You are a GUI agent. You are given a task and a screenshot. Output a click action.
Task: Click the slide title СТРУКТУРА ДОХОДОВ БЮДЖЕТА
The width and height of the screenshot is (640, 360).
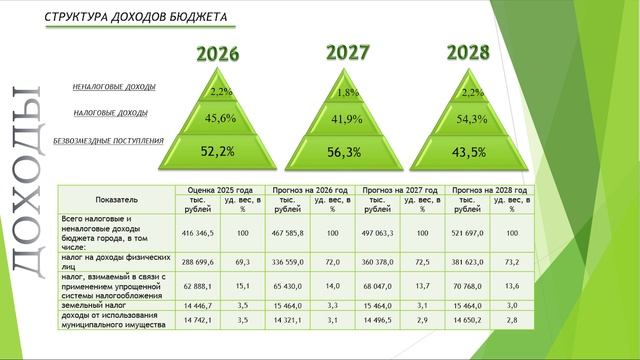click(x=136, y=18)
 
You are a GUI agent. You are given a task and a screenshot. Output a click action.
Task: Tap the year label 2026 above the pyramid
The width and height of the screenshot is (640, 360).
click(x=217, y=54)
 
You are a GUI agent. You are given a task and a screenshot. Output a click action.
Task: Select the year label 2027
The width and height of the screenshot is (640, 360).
click(x=348, y=52)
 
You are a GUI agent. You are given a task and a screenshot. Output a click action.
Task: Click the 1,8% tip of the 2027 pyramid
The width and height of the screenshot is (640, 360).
click(x=348, y=93)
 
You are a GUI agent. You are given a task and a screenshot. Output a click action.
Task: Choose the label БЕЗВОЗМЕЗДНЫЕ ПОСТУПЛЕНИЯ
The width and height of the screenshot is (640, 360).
click(x=108, y=141)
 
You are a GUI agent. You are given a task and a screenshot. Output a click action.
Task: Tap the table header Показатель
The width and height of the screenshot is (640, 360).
click(x=117, y=199)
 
